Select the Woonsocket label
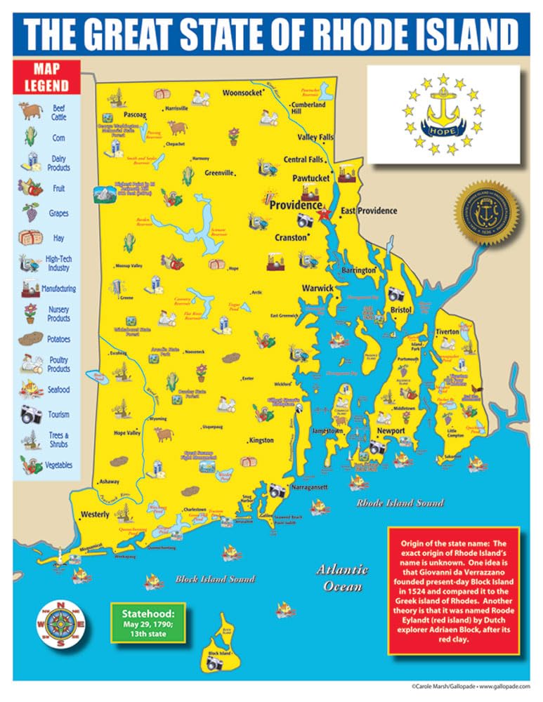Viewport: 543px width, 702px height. (242, 93)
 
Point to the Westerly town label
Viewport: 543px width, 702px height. (96, 514)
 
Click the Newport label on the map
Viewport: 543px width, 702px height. (391, 430)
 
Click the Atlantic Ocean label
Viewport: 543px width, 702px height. (341, 577)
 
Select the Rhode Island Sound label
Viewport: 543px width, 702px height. (400, 503)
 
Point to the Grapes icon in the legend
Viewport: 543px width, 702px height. (30, 211)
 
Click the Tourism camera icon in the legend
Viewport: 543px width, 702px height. (30, 413)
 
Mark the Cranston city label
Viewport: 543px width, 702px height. (290, 237)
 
